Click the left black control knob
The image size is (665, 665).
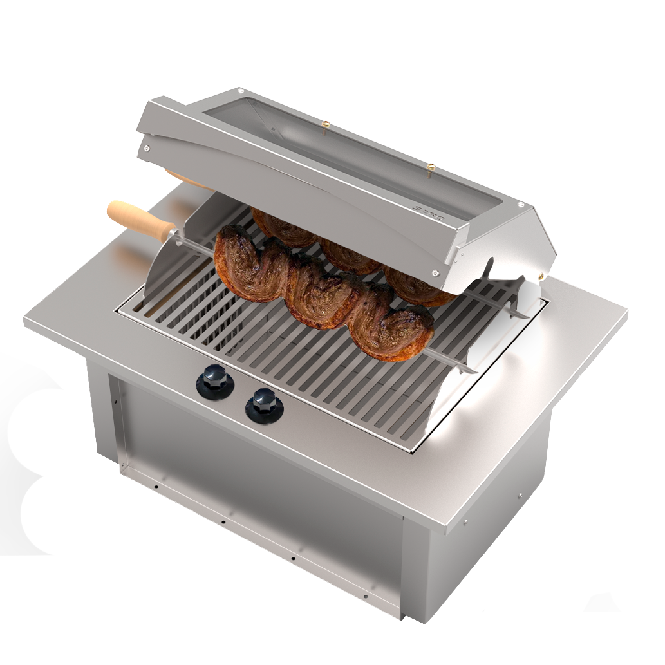tap(214, 377)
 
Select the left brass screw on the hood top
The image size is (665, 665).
tap(326, 124)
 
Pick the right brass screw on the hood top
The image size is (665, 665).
tap(431, 167)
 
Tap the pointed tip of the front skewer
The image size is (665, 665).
tap(473, 371)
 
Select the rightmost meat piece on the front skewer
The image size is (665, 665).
tap(396, 332)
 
